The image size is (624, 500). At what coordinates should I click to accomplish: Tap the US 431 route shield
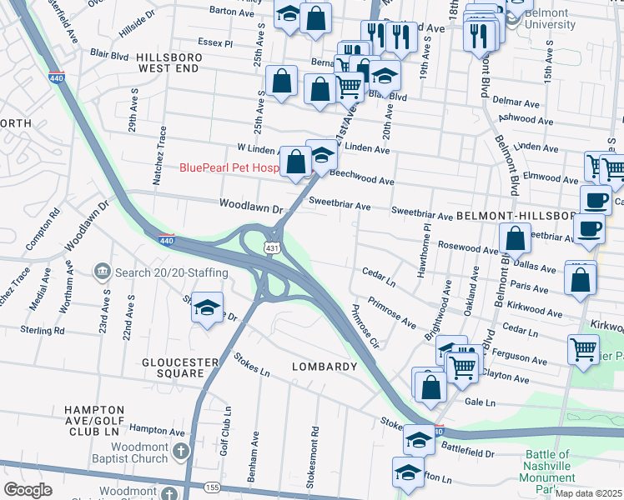[272, 248]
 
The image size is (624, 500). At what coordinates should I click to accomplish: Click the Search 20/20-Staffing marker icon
[102, 272]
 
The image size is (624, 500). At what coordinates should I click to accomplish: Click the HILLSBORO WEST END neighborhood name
[174, 63]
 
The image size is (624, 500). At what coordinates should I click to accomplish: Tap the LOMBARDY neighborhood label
[325, 367]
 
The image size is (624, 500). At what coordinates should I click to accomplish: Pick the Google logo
[28, 490]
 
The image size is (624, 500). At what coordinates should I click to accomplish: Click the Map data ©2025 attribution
[589, 493]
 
